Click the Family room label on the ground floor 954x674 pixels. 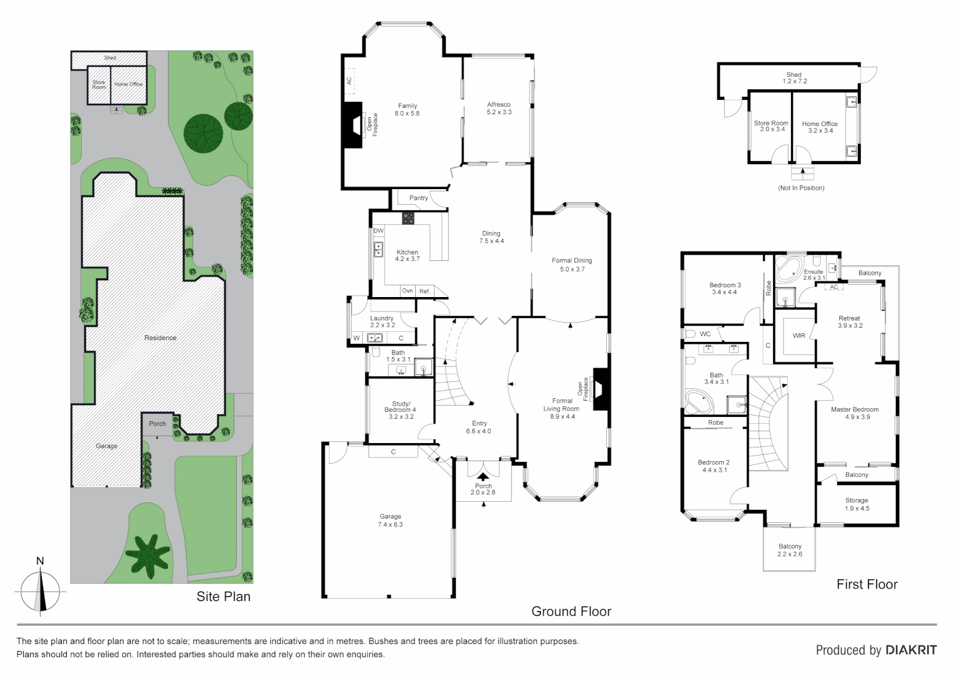pyautogui.click(x=407, y=110)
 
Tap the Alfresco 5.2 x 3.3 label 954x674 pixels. pyautogui.click(x=499, y=109)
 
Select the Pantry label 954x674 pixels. pyautogui.click(x=418, y=198)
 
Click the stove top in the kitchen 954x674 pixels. pyautogui.click(x=408, y=218)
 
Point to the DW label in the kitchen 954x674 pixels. pyautogui.click(x=378, y=231)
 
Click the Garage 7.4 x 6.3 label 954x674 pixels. pyautogui.click(x=390, y=520)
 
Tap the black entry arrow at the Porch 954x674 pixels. pyautogui.click(x=483, y=477)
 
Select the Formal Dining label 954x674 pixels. pyautogui.click(x=572, y=265)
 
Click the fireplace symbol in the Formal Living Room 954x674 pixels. pyautogui.click(x=600, y=389)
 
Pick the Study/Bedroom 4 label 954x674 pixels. pyautogui.click(x=400, y=410)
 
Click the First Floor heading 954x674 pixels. pyautogui.click(x=867, y=585)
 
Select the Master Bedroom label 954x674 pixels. pyautogui.click(x=855, y=413)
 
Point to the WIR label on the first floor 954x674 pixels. pyautogui.click(x=799, y=336)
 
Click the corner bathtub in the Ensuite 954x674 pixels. pyautogui.click(x=787, y=269)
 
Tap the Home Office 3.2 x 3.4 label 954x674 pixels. pyautogui.click(x=820, y=127)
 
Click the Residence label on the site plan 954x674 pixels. pyautogui.click(x=160, y=338)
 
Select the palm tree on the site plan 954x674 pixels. pyautogui.click(x=147, y=555)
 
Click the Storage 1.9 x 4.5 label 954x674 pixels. pyautogui.click(x=857, y=504)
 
